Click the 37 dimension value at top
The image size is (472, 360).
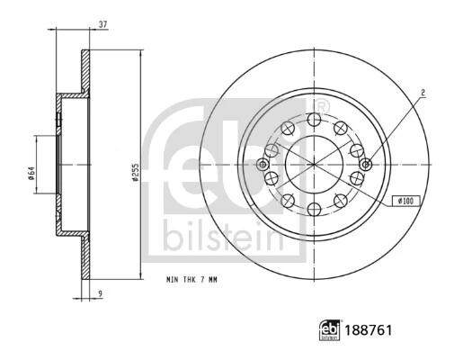pyautogui.click(x=103, y=24)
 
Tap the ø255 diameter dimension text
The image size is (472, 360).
pyautogui.click(x=136, y=172)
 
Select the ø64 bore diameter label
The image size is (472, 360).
pyautogui.click(x=31, y=174)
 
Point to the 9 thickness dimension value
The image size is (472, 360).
pyautogui.click(x=101, y=292)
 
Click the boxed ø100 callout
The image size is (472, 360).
pyautogui.click(x=406, y=201)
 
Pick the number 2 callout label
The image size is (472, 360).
pyautogui.click(x=423, y=93)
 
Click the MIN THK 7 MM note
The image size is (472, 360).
pyautogui.click(x=191, y=280)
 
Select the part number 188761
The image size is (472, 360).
pyautogui.click(x=369, y=330)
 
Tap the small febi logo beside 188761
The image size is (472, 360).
pyautogui.click(x=330, y=330)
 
